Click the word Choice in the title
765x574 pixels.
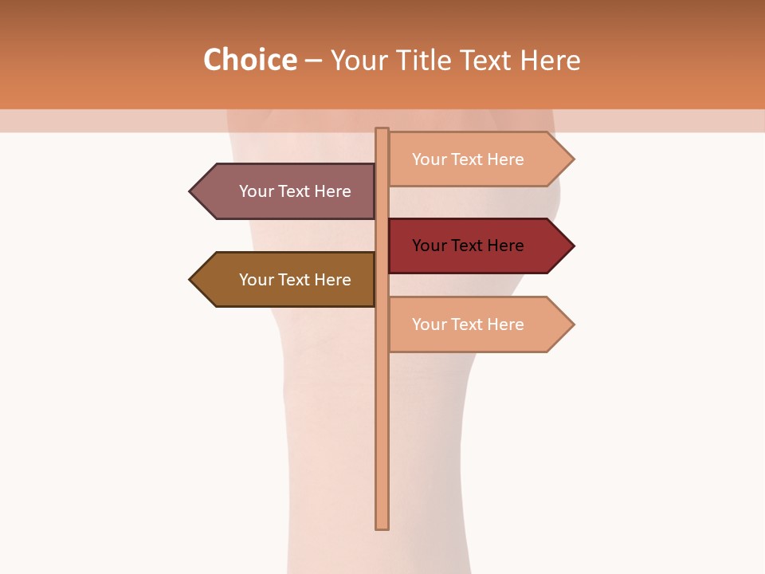[x=249, y=61]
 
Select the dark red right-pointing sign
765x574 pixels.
[x=470, y=246]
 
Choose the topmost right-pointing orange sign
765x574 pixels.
[x=470, y=159]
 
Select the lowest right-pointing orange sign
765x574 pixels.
[x=470, y=324]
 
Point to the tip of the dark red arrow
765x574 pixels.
[x=572, y=246]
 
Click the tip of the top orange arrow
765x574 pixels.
[x=572, y=159]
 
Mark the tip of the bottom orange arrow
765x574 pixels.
[x=572, y=324]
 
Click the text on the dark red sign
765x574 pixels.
[x=468, y=246]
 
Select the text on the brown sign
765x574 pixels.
[x=295, y=280]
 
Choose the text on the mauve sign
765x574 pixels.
[x=295, y=191]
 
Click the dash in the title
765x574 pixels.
[x=313, y=61]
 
